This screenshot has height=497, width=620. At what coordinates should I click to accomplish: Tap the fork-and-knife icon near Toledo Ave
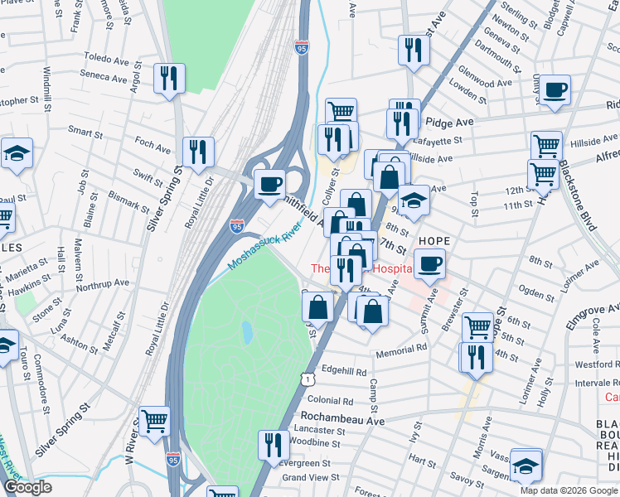[169, 79]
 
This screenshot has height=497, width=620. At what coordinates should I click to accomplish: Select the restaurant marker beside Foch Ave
[198, 152]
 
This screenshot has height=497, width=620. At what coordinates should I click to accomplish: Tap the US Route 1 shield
[308, 378]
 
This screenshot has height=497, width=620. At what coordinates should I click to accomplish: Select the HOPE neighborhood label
[434, 241]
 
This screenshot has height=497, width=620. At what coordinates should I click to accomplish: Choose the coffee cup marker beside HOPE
[429, 264]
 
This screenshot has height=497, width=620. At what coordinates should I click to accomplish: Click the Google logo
[27, 488]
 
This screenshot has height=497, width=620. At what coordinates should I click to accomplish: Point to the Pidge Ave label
[449, 122]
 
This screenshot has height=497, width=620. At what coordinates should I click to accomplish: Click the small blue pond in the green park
[247, 332]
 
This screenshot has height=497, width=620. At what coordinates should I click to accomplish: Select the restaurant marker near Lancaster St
[273, 446]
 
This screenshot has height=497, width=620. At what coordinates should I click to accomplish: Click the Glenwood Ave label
[486, 84]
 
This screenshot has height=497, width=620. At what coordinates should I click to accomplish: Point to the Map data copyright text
[568, 490]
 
